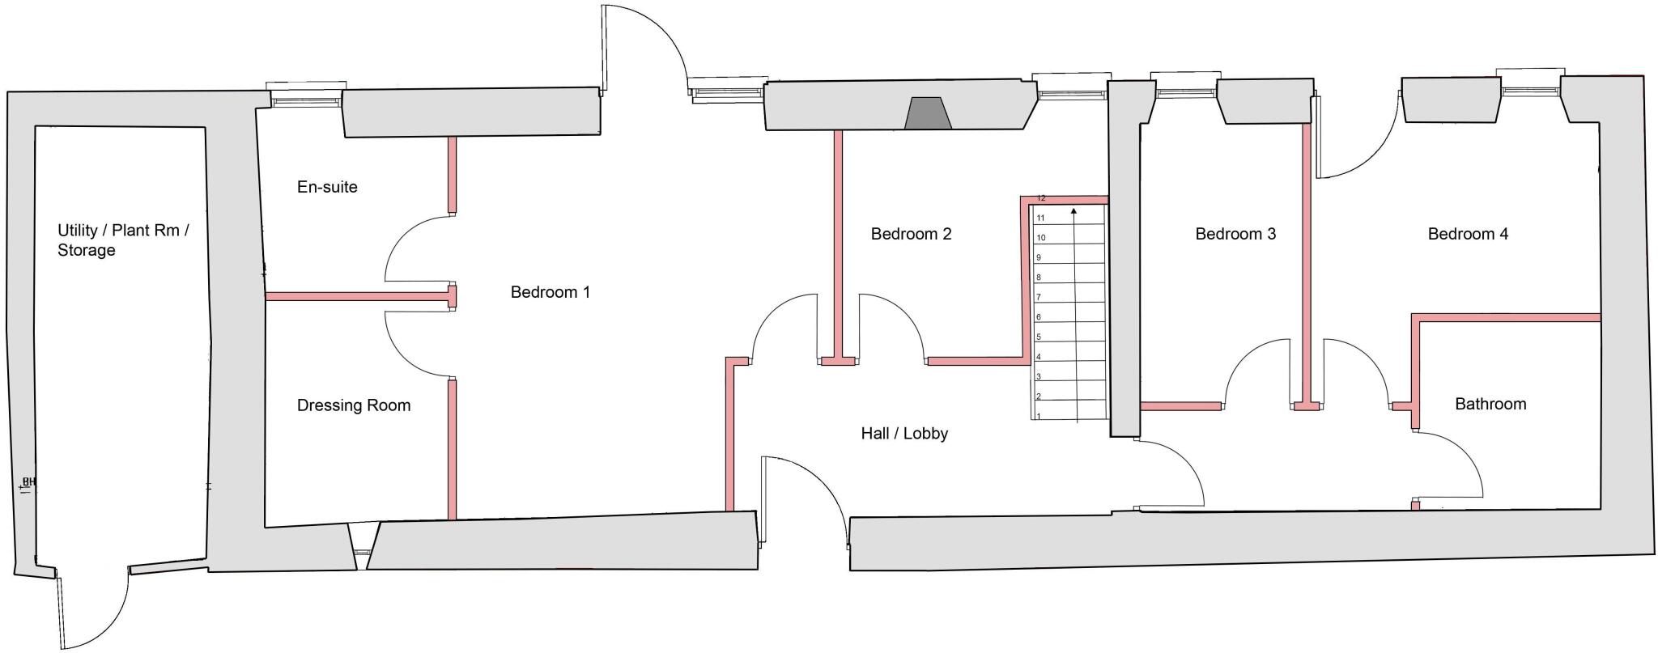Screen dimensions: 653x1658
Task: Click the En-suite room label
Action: tap(327, 187)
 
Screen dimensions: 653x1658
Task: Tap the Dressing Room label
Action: tap(354, 405)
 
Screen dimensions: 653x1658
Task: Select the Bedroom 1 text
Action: tap(550, 292)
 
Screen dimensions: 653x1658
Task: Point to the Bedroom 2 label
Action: tap(911, 234)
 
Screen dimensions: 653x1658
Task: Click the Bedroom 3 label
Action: tap(1235, 234)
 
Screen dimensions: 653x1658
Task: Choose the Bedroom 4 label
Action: tap(1468, 234)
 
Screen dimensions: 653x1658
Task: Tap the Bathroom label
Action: tap(1490, 404)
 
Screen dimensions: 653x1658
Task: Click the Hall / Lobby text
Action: tap(904, 434)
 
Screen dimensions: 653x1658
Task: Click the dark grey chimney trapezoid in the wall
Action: tap(928, 114)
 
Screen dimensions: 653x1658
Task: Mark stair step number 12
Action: tap(1042, 198)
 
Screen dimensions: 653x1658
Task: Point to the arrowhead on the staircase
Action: tap(1073, 211)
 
